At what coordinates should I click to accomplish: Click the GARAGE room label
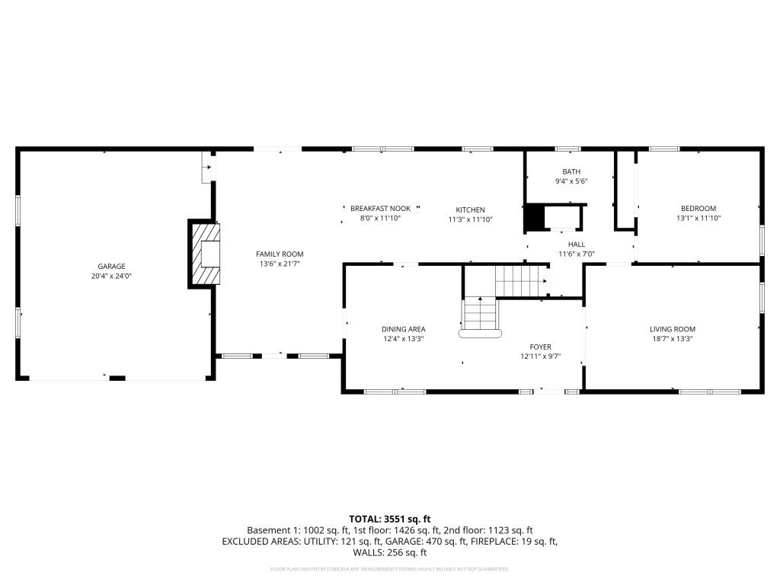tap(111, 267)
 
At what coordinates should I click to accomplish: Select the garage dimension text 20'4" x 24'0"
tap(111, 276)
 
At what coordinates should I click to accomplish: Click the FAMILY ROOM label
tap(280, 254)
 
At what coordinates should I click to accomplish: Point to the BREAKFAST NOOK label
tap(380, 208)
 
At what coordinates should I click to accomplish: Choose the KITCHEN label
tap(470, 209)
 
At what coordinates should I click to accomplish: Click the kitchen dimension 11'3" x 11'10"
tap(470, 219)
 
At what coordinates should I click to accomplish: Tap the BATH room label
tap(571, 171)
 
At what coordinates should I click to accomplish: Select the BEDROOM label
tap(698, 208)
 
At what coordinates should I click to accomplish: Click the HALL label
tap(576, 245)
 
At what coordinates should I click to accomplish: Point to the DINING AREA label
tap(403, 329)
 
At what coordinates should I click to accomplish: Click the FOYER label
tap(541, 347)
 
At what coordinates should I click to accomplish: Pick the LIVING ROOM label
tap(672, 329)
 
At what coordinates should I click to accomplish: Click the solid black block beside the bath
tap(535, 218)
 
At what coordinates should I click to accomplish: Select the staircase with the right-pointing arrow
tap(521, 280)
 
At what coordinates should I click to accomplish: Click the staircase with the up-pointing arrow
tap(480, 314)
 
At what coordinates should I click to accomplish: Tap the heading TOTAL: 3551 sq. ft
tap(390, 519)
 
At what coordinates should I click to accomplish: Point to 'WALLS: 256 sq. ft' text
tap(390, 553)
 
